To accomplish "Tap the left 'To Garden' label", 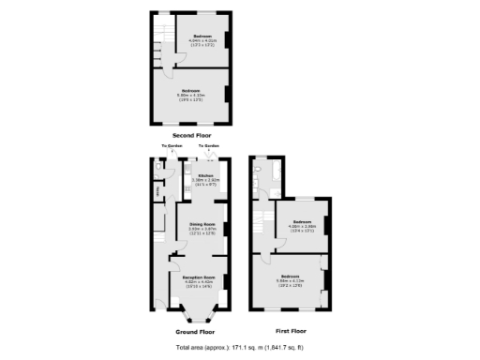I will coord(172,146).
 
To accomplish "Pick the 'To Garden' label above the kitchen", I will coord(208,146).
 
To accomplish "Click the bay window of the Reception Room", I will coord(195,317).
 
